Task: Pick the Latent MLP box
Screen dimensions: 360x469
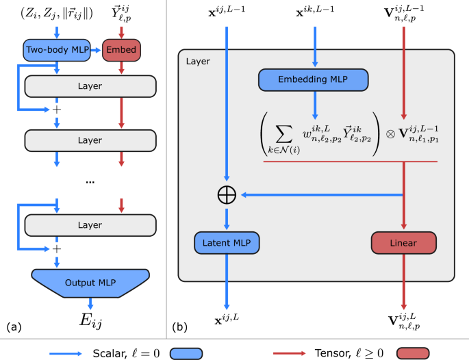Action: [x=227, y=243]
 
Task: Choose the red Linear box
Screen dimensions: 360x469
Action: [x=403, y=243]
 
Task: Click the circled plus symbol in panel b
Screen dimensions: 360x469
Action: [x=227, y=194]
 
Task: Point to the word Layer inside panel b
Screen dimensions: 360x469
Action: [x=197, y=62]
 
